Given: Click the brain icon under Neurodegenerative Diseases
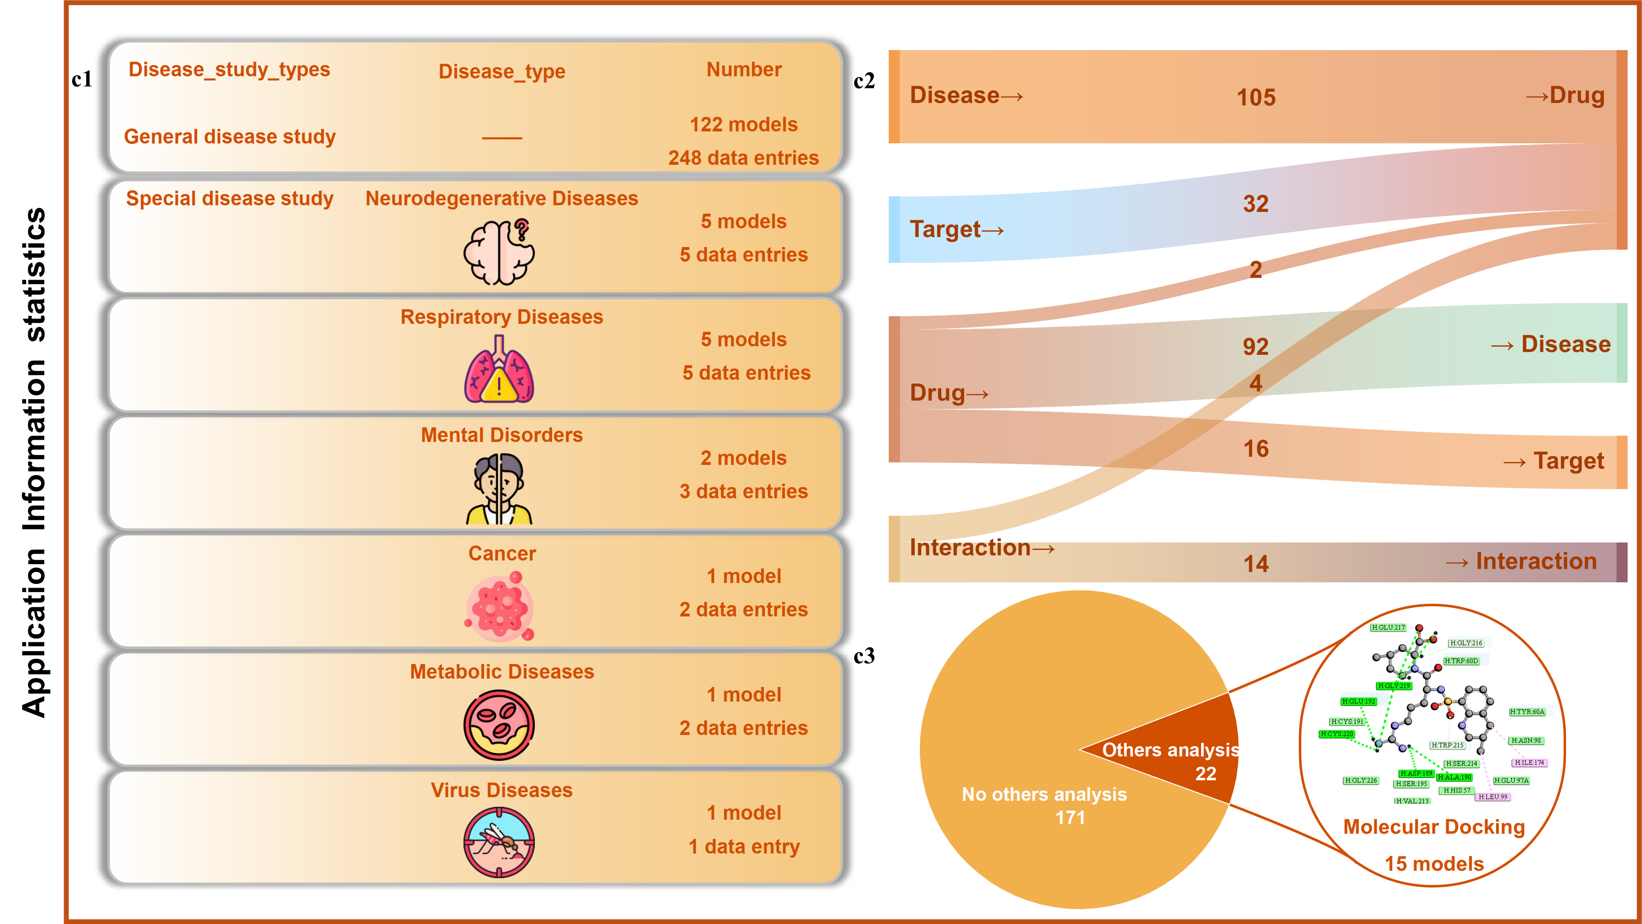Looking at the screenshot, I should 499,252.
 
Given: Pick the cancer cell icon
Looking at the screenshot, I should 499,607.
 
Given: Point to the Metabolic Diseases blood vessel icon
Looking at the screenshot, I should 499,725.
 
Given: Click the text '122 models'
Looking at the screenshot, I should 743,124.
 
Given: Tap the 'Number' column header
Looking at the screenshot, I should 743,69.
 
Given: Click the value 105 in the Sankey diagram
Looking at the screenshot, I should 1256,98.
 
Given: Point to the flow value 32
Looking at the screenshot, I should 1256,204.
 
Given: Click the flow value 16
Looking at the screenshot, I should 1256,449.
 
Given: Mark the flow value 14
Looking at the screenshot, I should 1256,564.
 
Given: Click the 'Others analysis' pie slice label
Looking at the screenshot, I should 1170,750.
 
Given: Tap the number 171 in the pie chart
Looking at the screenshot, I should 1070,818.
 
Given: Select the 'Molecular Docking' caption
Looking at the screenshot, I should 1433,827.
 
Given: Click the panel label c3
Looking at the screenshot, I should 864,656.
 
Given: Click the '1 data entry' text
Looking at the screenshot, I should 743,847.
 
